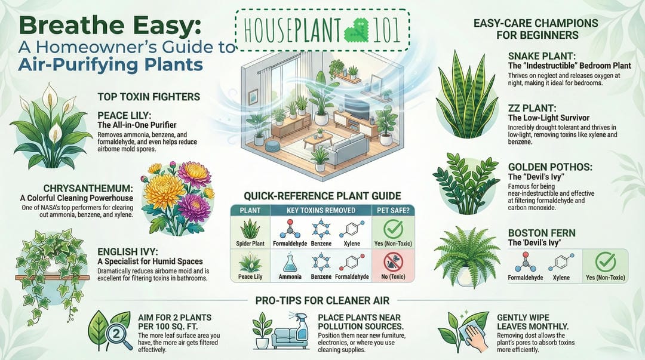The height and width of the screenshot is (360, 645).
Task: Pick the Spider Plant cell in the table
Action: (250, 232)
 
